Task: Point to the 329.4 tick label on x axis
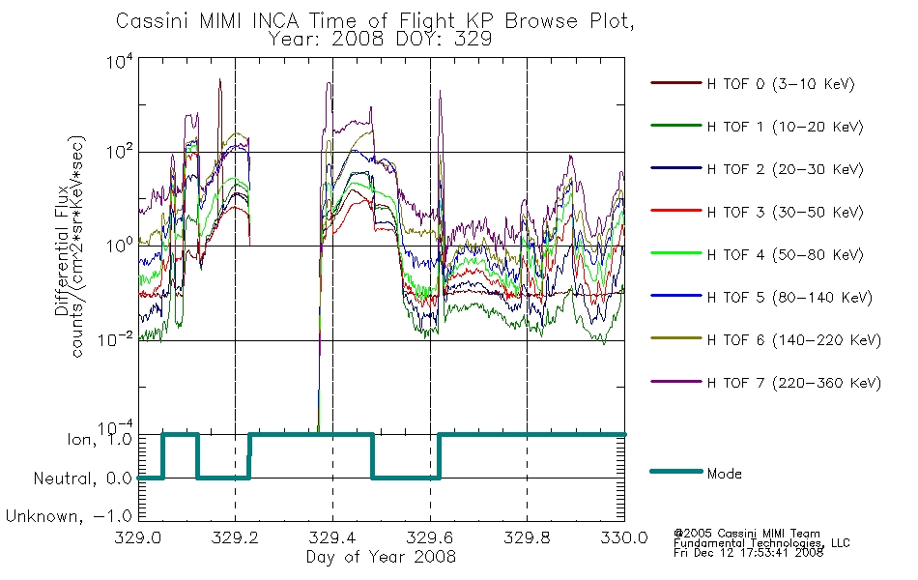pos(332,537)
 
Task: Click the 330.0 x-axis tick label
pos(624,537)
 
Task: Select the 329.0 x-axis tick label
pos(137,537)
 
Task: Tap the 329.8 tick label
pos(527,537)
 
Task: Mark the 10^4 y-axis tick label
pos(120,62)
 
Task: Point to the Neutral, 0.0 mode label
pos(82,478)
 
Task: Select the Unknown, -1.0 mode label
pos(69,516)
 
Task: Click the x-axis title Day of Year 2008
pos(381,557)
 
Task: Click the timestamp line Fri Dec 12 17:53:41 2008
pos(748,552)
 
